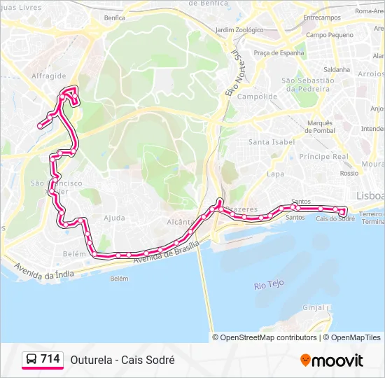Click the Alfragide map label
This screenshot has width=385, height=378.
pyautogui.click(x=49, y=76)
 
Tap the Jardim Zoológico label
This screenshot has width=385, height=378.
pyautogui.click(x=239, y=30)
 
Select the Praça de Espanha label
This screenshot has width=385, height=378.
pyautogui.click(x=279, y=52)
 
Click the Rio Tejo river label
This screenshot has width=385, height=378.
pyautogui.click(x=269, y=285)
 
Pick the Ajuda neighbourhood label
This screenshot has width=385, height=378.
pyautogui.click(x=113, y=218)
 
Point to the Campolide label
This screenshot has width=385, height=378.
pyautogui.click(x=252, y=97)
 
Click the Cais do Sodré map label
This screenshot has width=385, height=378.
pyautogui.click(x=335, y=218)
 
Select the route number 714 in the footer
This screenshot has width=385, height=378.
pyautogui.click(x=50, y=359)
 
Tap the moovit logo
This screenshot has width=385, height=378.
pyautogui.click(x=332, y=360)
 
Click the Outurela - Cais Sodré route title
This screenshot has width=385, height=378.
pyautogui.click(x=122, y=360)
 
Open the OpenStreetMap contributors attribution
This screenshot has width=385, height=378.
pyautogui.click(x=269, y=337)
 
